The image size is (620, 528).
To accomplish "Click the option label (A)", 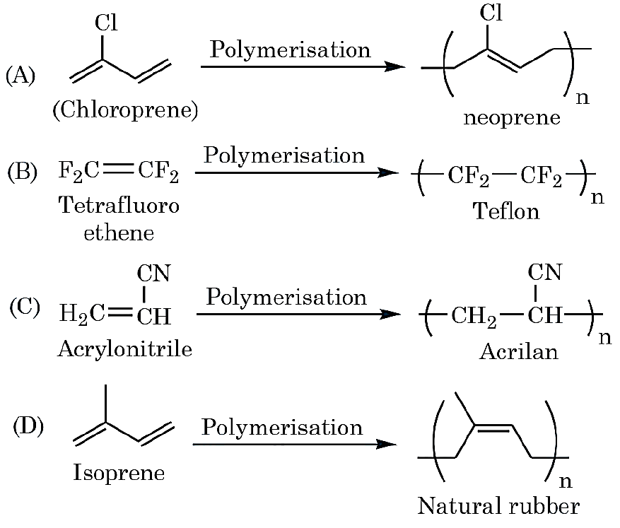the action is (21, 75).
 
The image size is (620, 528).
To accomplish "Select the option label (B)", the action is (23, 172).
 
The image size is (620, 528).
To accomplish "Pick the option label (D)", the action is (28, 426).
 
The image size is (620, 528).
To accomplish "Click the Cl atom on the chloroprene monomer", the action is (106, 23).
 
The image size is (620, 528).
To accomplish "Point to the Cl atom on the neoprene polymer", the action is (491, 12).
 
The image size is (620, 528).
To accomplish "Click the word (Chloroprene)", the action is (125, 110).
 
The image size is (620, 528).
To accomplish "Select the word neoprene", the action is (512, 117).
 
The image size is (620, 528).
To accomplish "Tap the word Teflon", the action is (505, 211).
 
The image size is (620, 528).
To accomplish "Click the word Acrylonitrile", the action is (125, 349).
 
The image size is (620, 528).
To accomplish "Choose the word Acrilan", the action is (518, 351).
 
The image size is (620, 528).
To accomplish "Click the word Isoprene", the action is (119, 473).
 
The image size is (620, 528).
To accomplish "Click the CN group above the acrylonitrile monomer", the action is (153, 273).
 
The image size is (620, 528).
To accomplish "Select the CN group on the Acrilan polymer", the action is (544, 272).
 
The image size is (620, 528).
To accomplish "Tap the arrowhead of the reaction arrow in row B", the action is (388, 172).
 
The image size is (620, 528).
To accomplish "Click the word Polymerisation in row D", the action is (282, 427).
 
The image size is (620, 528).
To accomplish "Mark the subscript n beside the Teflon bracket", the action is (597, 196).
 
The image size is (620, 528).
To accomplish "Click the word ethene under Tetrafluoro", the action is (119, 233).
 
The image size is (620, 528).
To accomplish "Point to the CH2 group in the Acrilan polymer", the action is (473, 317).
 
